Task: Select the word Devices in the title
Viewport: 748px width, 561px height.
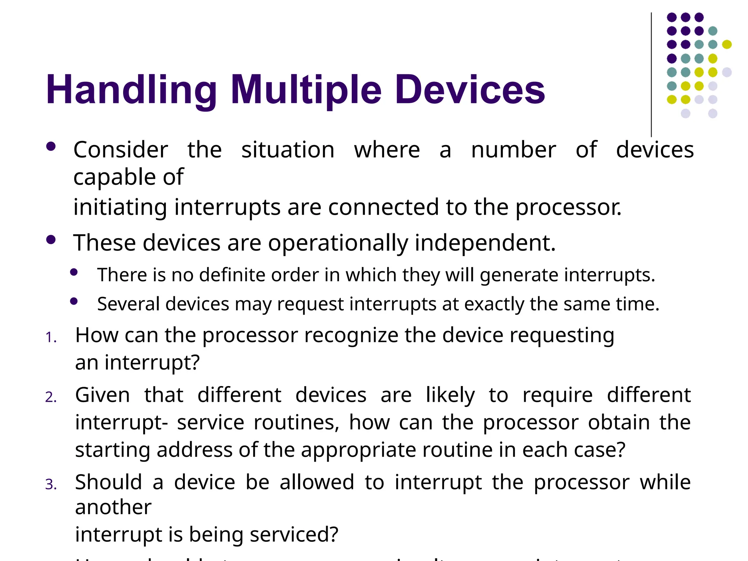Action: click(470, 90)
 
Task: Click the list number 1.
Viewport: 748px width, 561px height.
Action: click(51, 337)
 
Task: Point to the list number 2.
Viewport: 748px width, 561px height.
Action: click(51, 397)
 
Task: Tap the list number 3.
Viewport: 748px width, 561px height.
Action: click(51, 485)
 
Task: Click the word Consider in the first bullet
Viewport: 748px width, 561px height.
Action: click(121, 150)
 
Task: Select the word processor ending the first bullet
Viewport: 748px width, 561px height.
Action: click(568, 207)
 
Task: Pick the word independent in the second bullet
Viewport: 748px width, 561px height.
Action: click(485, 243)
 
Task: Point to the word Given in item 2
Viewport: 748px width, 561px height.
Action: click(102, 395)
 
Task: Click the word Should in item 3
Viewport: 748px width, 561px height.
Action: click(108, 482)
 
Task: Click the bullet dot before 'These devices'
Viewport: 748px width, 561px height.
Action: click(51, 240)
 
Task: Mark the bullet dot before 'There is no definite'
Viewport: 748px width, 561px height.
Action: click(74, 272)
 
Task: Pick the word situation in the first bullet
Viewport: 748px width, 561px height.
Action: click(288, 150)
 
